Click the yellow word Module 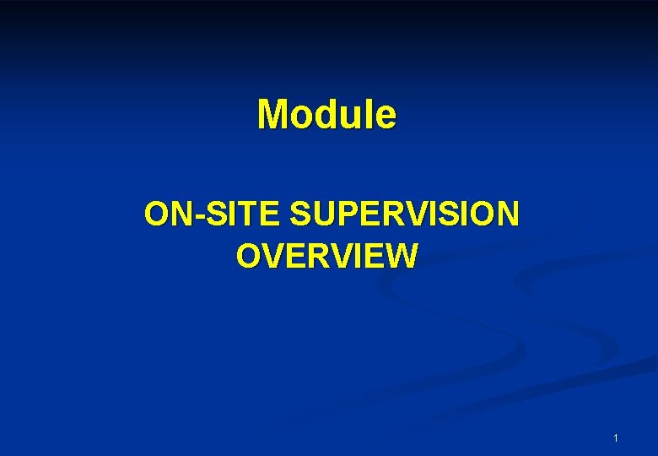pos(326,114)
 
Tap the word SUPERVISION pos(404,214)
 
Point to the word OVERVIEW pos(327,255)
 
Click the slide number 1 pos(616,438)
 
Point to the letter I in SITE pos(230,214)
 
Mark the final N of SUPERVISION pos(507,214)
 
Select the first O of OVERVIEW pos(251,255)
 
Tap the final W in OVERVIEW pos(400,255)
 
